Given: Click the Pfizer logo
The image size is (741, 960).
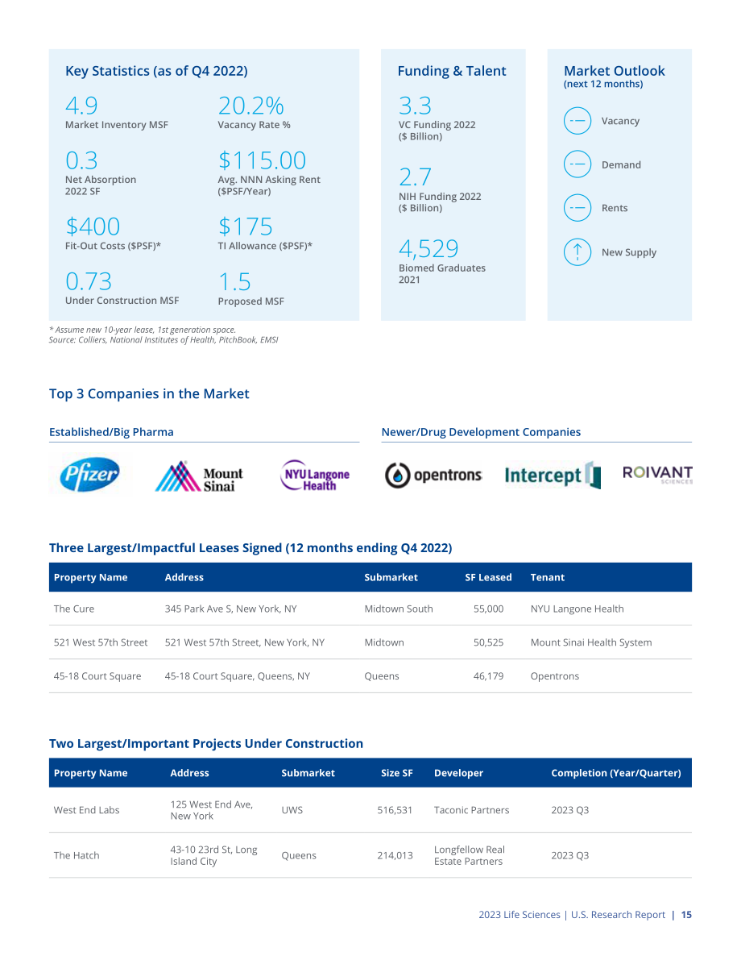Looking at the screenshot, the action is click(89, 475).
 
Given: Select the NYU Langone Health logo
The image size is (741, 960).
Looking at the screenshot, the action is click(314, 476).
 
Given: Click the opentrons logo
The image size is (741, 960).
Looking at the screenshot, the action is click(433, 475).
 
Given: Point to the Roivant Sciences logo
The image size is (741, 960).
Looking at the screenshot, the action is click(658, 475).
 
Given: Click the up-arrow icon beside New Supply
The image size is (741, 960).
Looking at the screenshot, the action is click(577, 252).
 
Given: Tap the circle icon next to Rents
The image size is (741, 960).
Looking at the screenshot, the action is click(577, 208).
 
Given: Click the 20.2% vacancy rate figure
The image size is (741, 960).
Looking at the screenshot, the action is click(250, 106).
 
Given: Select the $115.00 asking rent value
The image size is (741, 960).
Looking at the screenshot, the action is click(262, 160).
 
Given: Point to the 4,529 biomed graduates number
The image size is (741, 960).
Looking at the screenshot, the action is click(428, 248).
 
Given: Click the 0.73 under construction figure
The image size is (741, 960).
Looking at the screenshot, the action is click(89, 281).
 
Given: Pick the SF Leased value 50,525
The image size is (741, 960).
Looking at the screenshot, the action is click(488, 642).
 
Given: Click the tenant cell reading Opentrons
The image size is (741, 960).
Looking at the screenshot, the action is click(554, 676).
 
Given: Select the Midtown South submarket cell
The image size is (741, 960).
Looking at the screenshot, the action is click(399, 609).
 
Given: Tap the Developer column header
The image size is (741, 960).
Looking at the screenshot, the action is click(458, 773).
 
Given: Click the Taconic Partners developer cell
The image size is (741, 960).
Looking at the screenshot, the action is click(471, 810).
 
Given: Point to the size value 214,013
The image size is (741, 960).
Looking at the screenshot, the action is click(395, 855).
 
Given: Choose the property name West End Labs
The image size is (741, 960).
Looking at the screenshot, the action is click(86, 810).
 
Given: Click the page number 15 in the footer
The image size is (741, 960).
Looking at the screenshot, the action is click(686, 915).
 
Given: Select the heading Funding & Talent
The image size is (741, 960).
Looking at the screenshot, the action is click(452, 71).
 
